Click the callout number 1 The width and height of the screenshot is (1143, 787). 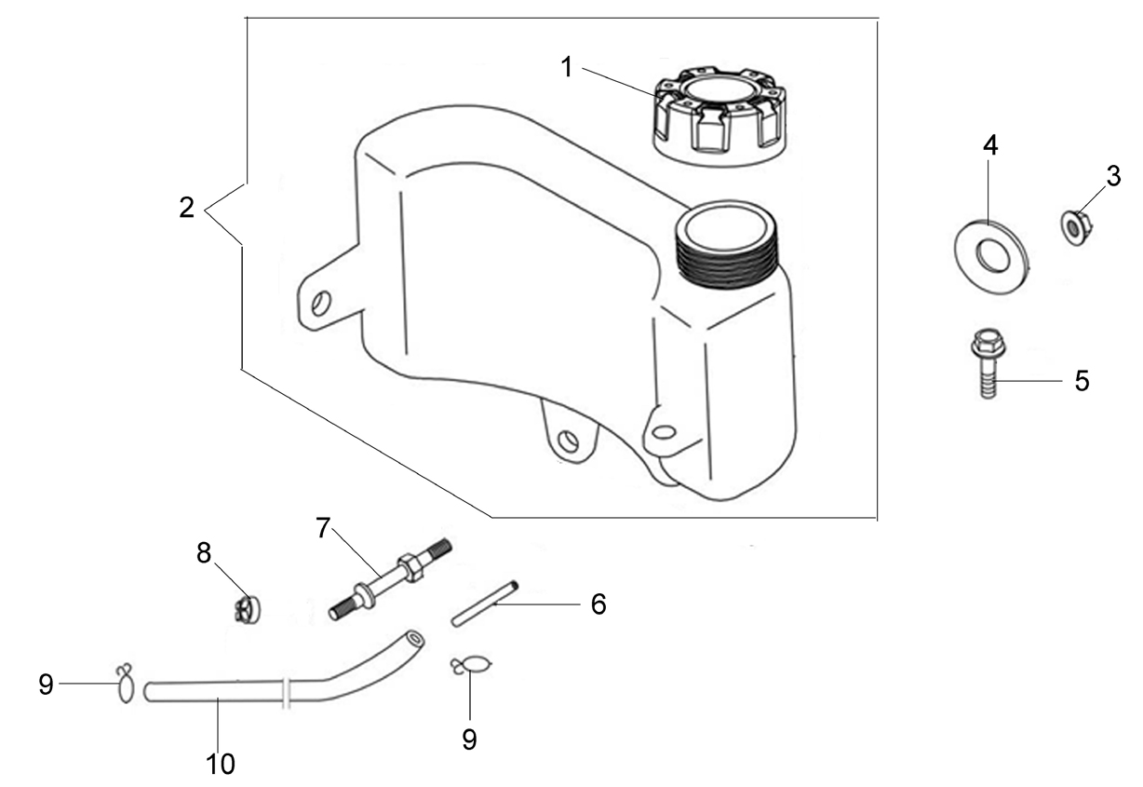coord(567,68)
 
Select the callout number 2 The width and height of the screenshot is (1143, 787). coord(187,209)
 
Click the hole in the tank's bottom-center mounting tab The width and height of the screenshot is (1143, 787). coord(568,440)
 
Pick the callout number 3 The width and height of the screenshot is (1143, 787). coord(1113,177)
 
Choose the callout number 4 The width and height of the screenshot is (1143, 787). coord(990,146)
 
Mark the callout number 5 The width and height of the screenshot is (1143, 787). coord(1082,381)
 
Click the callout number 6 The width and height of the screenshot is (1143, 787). coord(598,604)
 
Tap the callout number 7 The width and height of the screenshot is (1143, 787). coord(322,528)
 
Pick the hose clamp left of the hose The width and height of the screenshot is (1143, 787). coord(125,685)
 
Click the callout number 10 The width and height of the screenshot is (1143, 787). coord(221,764)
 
